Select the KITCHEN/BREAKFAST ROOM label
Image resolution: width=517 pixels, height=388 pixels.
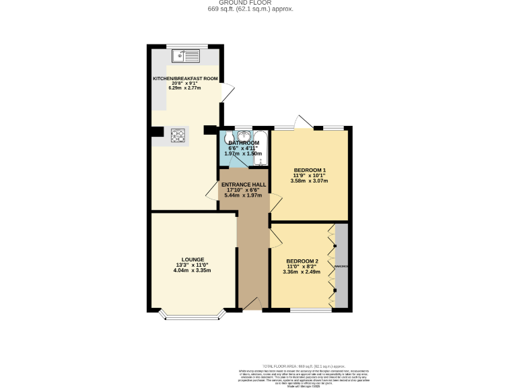coord(185,79)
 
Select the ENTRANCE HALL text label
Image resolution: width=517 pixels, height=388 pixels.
coord(244,185)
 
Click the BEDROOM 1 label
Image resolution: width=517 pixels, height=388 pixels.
coord(310,170)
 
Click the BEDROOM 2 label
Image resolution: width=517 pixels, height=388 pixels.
coord(302,261)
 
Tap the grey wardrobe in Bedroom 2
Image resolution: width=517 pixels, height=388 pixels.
coord(342,266)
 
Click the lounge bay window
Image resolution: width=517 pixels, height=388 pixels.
coord(192,315)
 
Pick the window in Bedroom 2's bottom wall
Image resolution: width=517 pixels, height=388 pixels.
coord(310,310)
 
